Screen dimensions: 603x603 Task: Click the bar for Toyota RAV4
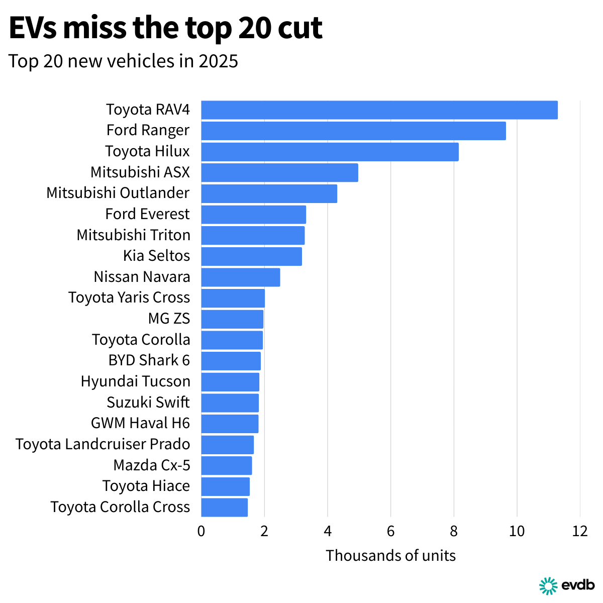point(379,110)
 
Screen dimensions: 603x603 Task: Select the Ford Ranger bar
point(353,131)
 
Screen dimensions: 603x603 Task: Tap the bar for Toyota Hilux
point(330,152)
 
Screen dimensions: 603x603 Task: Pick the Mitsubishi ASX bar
point(279,173)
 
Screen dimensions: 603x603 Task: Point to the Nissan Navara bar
point(241,277)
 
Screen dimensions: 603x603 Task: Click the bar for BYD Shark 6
point(231,361)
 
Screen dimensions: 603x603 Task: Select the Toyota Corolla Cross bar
point(224,508)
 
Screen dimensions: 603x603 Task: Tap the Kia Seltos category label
point(156,256)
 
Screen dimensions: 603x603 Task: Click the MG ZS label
point(169,319)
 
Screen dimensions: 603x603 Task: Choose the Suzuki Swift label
point(148,403)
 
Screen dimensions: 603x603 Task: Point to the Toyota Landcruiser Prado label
point(103,444)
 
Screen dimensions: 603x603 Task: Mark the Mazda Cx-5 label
point(152,465)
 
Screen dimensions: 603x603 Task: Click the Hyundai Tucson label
point(135,381)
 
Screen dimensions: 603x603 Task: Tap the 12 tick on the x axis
point(580,531)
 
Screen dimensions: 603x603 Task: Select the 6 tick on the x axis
point(390,531)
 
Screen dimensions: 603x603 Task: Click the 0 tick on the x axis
point(201,531)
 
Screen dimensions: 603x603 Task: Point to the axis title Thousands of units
point(390,556)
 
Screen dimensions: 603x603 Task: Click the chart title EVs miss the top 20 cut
point(165,28)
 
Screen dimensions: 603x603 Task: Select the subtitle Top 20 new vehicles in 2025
point(123,61)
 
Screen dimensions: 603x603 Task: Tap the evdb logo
point(567,585)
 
